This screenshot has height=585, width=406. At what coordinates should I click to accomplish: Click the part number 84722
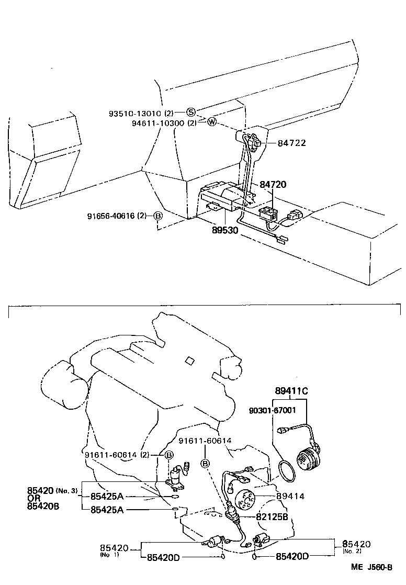click(x=291, y=143)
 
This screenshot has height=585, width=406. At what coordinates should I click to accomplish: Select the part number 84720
click(x=273, y=185)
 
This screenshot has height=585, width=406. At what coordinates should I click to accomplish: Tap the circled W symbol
click(x=211, y=122)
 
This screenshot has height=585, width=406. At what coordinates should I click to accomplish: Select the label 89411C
click(x=292, y=390)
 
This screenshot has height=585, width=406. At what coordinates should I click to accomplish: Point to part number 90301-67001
click(x=273, y=411)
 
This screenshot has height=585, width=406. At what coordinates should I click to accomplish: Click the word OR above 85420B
click(x=34, y=498)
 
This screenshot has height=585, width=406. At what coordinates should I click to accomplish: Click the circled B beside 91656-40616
click(x=157, y=216)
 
